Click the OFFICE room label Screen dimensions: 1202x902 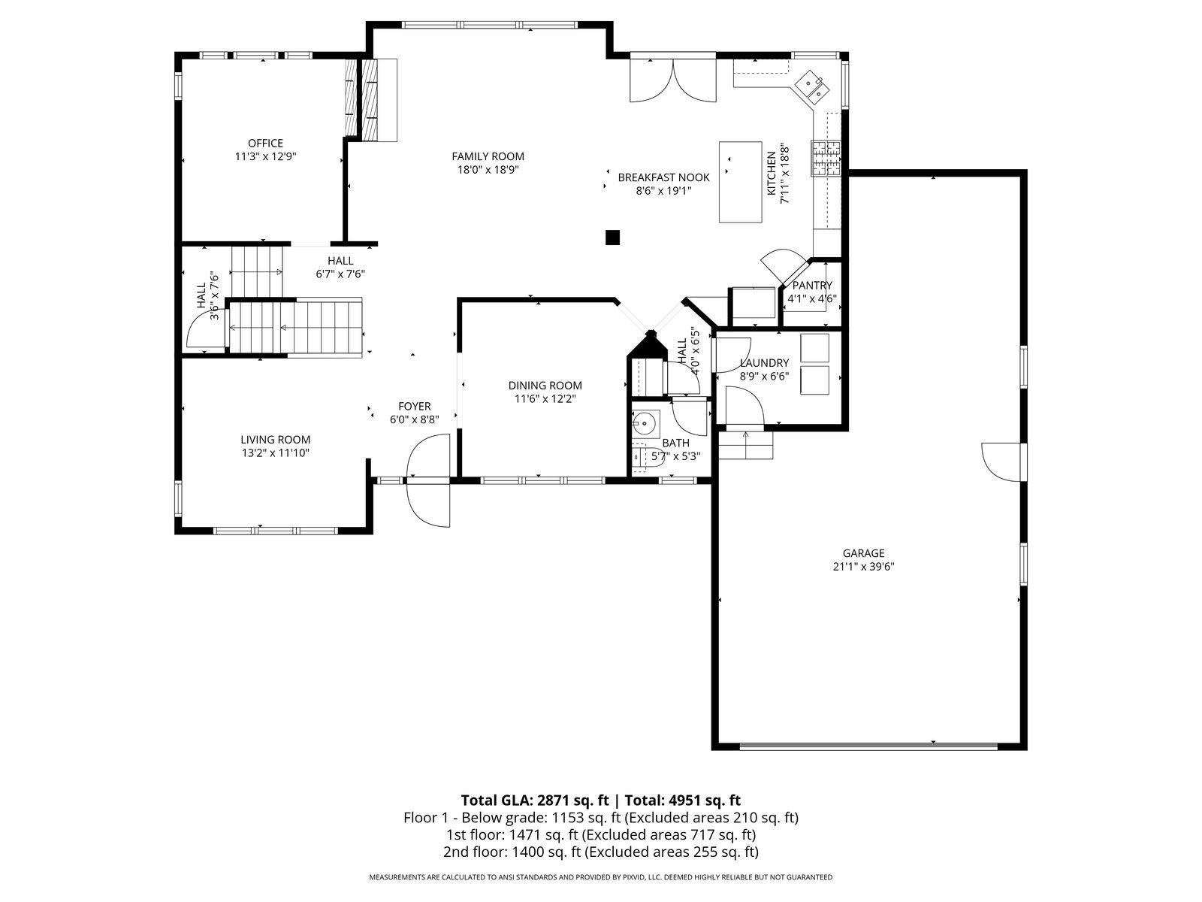coord(266,144)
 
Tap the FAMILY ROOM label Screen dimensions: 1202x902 coord(488,156)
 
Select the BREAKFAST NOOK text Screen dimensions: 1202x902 coord(663,177)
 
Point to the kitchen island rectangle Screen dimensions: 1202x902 coord(741,182)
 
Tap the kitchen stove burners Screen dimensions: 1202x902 coord(825,159)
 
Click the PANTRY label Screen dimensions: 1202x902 coord(812,286)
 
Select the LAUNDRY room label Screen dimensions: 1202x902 coord(764,362)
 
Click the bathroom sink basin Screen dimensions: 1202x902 coord(645,423)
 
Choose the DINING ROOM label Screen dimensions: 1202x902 coord(545,386)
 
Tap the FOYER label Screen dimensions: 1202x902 coord(415,407)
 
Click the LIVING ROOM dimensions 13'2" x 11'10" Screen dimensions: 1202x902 coord(276,453)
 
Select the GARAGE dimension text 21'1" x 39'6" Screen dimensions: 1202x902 coord(864,567)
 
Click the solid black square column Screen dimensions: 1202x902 coord(612,237)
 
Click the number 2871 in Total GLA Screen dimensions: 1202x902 coord(554,801)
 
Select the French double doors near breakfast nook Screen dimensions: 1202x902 coord(673,80)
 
